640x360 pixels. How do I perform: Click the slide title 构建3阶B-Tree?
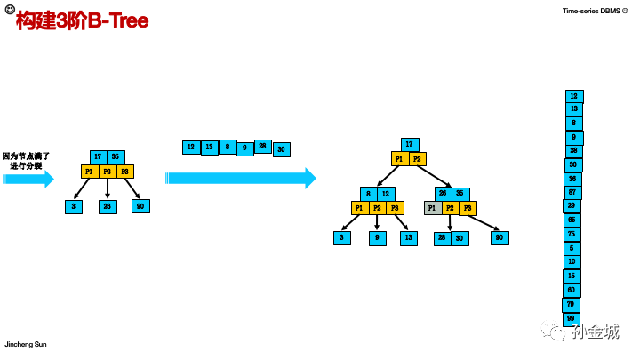[82, 21]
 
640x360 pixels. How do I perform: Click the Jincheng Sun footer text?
[26, 344]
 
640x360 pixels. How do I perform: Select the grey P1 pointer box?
[432, 208]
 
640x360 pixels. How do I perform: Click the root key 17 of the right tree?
[410, 144]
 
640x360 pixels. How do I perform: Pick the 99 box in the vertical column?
[571, 318]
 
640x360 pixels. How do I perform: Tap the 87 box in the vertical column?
[572, 192]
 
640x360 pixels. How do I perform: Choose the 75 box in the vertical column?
[572, 234]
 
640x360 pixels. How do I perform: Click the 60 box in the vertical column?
[572, 290]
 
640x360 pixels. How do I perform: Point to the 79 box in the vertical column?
[571, 304]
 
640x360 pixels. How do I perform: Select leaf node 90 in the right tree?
[500, 237]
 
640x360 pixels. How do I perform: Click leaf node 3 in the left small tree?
[73, 206]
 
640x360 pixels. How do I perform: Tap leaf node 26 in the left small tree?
[108, 206]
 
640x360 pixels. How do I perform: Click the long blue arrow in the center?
[241, 178]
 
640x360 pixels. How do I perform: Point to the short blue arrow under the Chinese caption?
[28, 179]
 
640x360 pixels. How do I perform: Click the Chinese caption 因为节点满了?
[27, 156]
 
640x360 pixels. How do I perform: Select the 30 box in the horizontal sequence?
[282, 149]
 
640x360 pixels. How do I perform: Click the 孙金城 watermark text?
[596, 332]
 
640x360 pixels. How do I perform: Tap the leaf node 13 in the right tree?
[409, 237]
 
